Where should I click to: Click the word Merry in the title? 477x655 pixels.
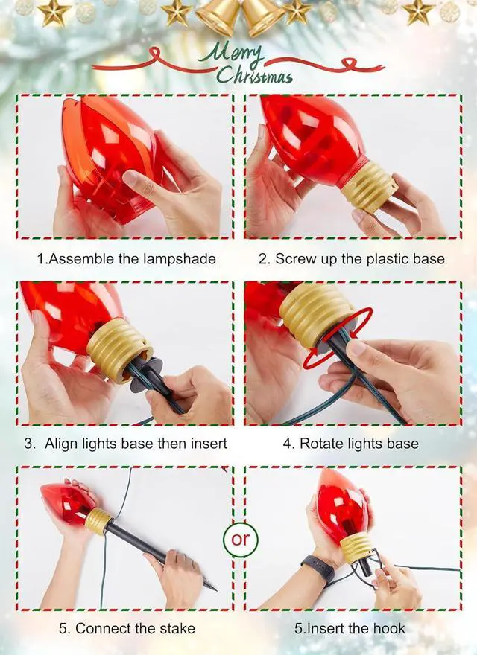coord(236,54)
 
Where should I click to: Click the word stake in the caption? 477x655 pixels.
coord(175,628)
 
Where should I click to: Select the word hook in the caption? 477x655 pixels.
coord(390,628)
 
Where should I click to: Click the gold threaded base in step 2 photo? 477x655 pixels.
coord(368,187)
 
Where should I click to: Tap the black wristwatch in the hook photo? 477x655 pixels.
coord(317,568)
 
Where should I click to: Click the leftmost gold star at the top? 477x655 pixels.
coord(54,12)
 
